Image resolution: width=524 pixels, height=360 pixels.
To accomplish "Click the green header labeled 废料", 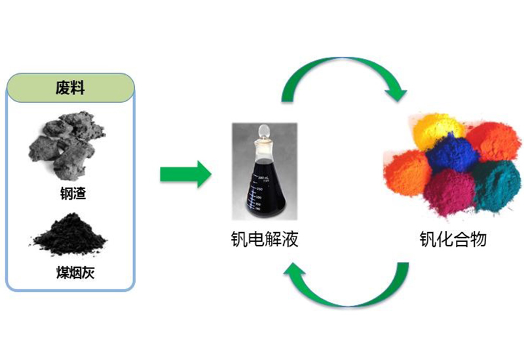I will pyautogui.click(x=71, y=88).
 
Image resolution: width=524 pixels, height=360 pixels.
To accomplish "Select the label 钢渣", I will pyautogui.click(x=71, y=194).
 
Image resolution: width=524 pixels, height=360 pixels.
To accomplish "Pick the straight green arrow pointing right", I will pyautogui.click(x=185, y=174).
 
